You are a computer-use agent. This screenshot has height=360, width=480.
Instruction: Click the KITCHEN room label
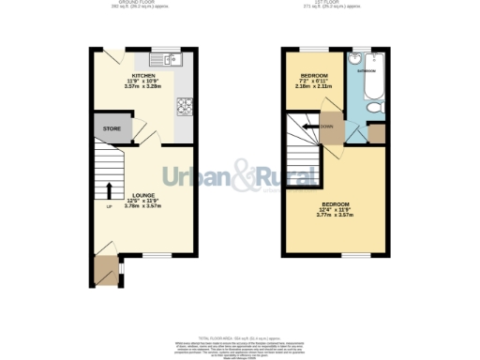click(143, 75)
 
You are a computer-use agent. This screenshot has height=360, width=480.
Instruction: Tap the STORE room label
click(112, 128)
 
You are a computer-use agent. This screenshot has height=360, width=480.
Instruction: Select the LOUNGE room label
click(142, 194)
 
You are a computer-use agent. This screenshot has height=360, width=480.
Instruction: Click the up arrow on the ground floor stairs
click(109, 190)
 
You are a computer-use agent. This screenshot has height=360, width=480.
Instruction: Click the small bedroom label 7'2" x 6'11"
click(312, 81)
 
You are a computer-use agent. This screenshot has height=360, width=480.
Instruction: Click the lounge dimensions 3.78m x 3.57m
click(142, 205)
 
